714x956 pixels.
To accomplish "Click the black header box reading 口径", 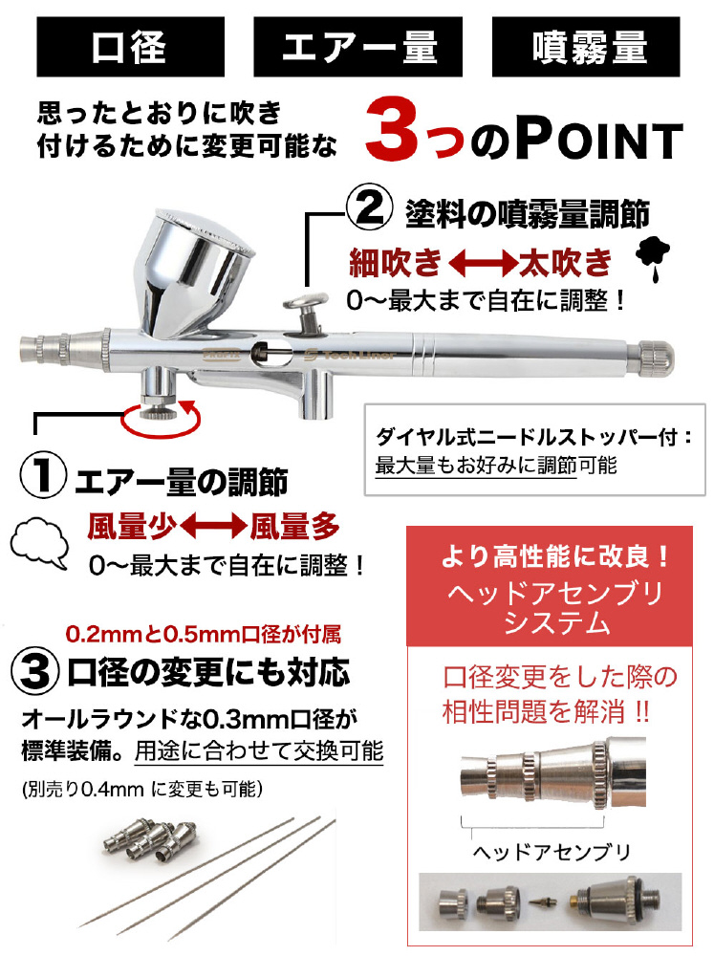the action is pyautogui.click(x=131, y=46).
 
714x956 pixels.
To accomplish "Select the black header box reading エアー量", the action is pyautogui.click(x=357, y=46).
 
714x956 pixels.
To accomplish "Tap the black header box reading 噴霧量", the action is pyautogui.click(x=585, y=46).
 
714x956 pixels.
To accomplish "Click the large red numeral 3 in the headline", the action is pyautogui.click(x=393, y=130).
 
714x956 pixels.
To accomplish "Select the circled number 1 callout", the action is pyautogui.click(x=43, y=477).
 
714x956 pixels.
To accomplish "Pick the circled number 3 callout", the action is pyautogui.click(x=35, y=671).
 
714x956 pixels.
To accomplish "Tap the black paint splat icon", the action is pyautogui.click(x=653, y=257).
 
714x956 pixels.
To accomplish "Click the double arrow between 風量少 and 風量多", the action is pyautogui.click(x=213, y=526).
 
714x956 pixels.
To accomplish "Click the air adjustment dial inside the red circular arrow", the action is pyautogui.click(x=159, y=410).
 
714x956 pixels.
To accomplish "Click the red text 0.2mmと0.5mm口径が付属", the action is pyautogui.click(x=203, y=635).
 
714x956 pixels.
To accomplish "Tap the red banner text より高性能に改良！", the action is pyautogui.click(x=555, y=556).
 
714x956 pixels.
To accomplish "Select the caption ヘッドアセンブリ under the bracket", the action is pyautogui.click(x=552, y=852).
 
